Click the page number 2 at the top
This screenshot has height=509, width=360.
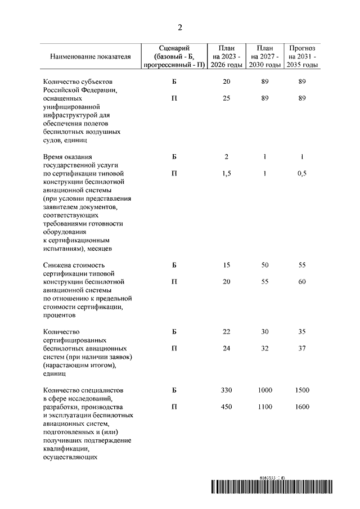click(180, 28)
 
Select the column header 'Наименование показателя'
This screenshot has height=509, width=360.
click(90, 57)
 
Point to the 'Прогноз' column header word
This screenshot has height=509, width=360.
click(302, 48)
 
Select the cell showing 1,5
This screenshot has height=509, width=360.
click(226, 173)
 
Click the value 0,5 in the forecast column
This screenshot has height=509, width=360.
click(302, 173)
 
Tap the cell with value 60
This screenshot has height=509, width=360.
click(302, 282)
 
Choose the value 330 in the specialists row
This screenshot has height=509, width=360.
click(226, 390)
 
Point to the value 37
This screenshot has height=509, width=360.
click(302, 348)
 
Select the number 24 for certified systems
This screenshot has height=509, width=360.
click(226, 348)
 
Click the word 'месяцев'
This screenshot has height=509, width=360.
click(98, 248)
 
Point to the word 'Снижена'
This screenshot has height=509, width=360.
click(57, 265)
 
